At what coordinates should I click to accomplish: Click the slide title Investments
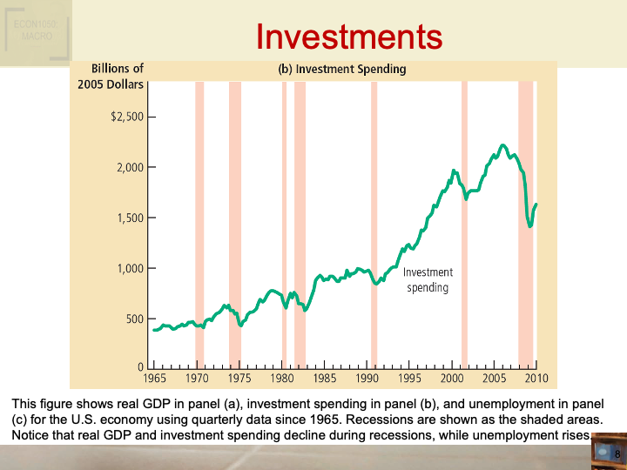point(349,37)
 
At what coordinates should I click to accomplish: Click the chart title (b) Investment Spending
point(342,69)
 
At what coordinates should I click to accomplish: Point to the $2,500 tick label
point(127,117)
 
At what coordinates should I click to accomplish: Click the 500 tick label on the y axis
point(134,319)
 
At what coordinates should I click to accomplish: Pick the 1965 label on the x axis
point(153,379)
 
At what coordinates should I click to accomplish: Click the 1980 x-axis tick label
point(281,379)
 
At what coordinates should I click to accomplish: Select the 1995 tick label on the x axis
point(409,379)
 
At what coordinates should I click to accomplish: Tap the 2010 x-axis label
point(536,379)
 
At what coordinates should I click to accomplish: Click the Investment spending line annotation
point(428,280)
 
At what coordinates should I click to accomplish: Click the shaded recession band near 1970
point(199,218)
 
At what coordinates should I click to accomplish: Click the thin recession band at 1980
point(284,218)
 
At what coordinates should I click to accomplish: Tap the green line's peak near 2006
point(502,145)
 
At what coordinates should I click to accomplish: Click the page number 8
point(617,455)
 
